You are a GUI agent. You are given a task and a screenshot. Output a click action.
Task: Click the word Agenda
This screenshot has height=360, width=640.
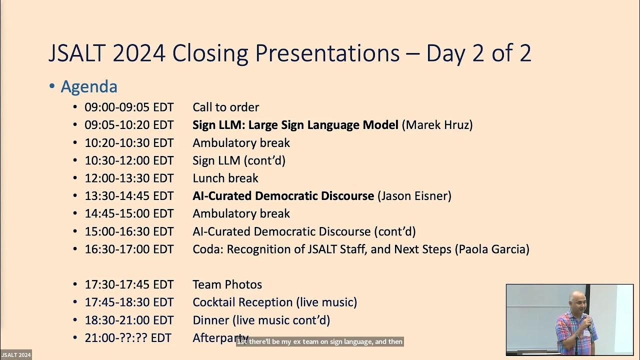click(x=89, y=86)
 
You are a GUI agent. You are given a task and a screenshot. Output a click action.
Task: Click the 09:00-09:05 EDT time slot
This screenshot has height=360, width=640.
click(x=129, y=107)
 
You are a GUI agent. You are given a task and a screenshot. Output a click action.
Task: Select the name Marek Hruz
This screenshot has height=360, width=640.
click(x=438, y=124)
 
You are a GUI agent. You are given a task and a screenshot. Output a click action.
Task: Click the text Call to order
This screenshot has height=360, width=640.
click(x=225, y=107)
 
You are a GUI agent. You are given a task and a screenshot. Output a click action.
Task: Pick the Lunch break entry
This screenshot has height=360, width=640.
click(x=225, y=178)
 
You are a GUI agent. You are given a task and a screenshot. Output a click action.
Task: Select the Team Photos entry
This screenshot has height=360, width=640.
click(x=227, y=284)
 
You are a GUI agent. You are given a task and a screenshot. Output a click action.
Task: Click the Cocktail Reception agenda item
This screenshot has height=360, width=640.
click(x=274, y=302)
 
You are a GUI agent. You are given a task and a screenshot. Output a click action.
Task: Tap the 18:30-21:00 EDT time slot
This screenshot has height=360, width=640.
click(x=129, y=320)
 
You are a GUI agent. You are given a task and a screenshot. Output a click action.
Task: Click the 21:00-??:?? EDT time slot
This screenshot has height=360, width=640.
click(x=128, y=338)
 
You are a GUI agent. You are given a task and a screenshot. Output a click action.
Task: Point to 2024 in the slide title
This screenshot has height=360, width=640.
click(x=139, y=53)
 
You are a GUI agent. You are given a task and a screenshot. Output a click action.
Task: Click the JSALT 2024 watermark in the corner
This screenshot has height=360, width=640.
click(x=16, y=355)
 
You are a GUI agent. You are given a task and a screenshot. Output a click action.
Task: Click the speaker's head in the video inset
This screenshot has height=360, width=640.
click(x=576, y=299)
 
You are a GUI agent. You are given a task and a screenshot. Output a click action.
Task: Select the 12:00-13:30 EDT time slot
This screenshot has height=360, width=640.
click(x=129, y=178)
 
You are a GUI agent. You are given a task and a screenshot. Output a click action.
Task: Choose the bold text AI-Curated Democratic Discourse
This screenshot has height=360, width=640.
click(x=283, y=195)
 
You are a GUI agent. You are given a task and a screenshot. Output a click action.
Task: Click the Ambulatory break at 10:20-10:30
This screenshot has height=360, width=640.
click(x=241, y=142)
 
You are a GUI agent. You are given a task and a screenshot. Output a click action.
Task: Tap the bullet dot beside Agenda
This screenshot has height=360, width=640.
click(x=52, y=87)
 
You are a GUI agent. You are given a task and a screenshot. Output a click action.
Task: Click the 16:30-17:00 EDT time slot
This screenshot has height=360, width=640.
click(x=129, y=249)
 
